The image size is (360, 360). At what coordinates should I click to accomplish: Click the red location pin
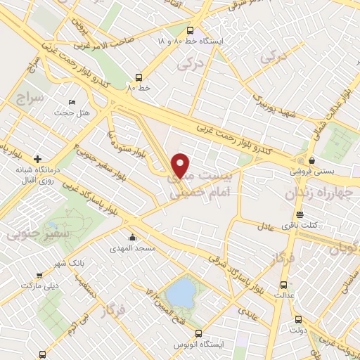point(181,165)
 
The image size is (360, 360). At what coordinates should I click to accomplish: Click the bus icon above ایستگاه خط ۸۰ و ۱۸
point(191,30)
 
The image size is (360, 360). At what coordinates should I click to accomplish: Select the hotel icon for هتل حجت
point(72,102)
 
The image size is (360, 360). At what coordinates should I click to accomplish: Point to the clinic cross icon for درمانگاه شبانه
point(37,159)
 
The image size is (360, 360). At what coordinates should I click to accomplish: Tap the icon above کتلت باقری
point(300,214)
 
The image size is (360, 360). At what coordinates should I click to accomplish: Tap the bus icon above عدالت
point(283,285)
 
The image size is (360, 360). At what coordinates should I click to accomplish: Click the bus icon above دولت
point(298,318)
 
